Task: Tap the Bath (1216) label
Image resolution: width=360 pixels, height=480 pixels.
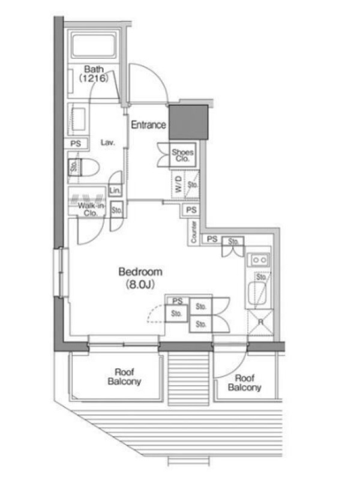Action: (x=94, y=74)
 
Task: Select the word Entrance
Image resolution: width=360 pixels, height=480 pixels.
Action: (x=148, y=125)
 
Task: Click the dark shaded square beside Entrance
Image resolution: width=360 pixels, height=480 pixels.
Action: (x=188, y=122)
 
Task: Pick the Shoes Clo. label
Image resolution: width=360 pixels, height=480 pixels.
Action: (x=183, y=155)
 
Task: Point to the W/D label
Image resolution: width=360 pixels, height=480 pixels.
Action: (x=179, y=184)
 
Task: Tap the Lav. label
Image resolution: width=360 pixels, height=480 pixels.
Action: (x=108, y=142)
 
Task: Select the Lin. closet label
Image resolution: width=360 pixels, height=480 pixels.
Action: (x=115, y=191)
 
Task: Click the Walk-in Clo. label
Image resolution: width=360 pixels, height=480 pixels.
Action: (x=91, y=209)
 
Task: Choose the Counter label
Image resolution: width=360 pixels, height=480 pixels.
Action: (x=193, y=232)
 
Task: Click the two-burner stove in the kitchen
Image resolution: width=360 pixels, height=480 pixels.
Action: (x=260, y=260)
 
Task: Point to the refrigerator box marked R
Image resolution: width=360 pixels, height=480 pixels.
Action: (x=260, y=322)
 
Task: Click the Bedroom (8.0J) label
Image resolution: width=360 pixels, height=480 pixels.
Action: (x=140, y=278)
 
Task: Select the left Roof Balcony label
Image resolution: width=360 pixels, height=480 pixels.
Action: (x=124, y=377)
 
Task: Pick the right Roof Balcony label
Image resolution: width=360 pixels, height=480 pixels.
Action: (x=244, y=383)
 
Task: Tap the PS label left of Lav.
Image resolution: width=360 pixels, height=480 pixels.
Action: (x=76, y=143)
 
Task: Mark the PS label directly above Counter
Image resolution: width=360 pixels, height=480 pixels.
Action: (x=191, y=210)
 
